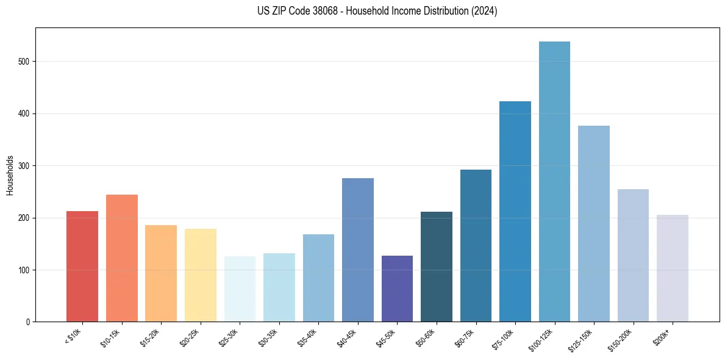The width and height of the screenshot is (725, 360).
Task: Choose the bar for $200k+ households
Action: (673, 268)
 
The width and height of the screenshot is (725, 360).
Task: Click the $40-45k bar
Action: (358, 250)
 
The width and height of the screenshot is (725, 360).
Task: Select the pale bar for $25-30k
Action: (240, 289)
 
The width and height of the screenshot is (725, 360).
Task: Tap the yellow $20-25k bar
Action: (201, 275)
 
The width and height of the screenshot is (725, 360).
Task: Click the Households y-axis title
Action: (10, 175)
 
